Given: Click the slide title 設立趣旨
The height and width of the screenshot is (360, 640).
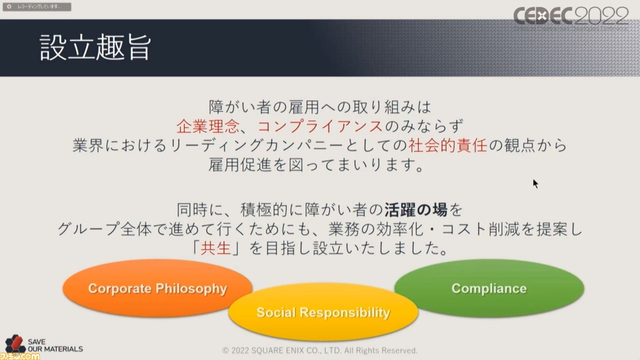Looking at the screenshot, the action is click(x=95, y=47).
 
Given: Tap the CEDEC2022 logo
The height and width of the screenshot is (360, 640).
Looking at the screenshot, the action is click(x=570, y=16).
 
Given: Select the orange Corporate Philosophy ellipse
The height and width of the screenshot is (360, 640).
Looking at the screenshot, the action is click(x=157, y=288).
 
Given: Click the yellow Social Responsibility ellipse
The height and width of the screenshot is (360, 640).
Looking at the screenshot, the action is click(x=323, y=312).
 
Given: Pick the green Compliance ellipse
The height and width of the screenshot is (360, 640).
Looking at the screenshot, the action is click(x=489, y=288).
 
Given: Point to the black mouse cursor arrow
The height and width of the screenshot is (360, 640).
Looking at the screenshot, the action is click(x=535, y=183).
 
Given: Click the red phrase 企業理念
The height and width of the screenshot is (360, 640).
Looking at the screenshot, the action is click(x=207, y=126).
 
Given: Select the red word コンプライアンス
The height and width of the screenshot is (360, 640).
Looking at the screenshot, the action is click(x=320, y=126).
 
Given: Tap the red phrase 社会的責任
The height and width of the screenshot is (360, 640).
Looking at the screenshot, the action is click(x=447, y=145).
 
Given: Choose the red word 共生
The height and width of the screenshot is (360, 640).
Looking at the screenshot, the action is click(x=215, y=247).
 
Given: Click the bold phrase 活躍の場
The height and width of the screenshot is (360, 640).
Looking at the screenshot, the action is click(x=415, y=209).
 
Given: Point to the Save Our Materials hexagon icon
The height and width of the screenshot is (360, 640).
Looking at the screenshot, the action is click(x=15, y=343).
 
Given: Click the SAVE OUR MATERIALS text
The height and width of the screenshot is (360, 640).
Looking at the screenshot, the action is click(x=55, y=345).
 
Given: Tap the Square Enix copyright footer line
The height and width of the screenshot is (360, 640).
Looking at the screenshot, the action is click(x=319, y=350).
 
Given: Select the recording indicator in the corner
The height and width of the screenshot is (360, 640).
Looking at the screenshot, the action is click(x=37, y=6).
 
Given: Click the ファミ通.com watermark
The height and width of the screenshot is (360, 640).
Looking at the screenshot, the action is click(x=19, y=356).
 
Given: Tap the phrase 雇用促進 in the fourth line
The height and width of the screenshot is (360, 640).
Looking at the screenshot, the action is click(x=239, y=165).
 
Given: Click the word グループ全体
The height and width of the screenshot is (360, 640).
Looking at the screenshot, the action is click(x=104, y=229).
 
